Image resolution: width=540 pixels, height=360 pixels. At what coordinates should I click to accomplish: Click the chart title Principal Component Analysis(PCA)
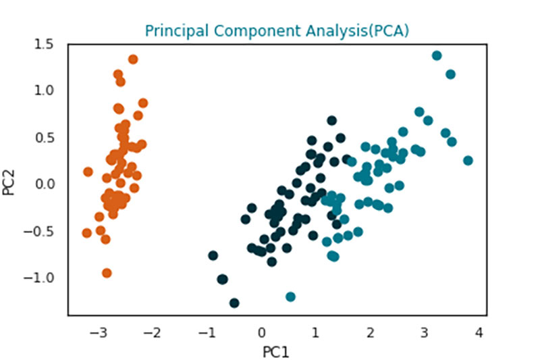click(277, 30)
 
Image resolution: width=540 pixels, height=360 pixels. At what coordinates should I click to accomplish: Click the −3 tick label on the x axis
click(98, 333)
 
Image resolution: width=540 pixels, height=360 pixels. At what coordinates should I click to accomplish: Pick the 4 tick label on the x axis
click(479, 333)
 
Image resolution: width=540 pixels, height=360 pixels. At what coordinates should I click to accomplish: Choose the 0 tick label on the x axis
click(262, 333)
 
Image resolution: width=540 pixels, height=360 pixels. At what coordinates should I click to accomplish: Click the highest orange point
click(133, 59)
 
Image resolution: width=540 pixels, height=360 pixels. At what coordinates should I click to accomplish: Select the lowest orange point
click(107, 273)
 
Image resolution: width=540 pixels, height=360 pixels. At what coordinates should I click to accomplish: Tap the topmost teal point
click(437, 55)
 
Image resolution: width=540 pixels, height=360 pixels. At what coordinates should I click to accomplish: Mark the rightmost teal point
click(468, 160)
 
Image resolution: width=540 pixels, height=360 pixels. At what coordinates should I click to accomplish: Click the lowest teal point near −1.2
click(290, 297)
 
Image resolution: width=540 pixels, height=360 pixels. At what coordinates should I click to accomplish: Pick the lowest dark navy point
click(234, 303)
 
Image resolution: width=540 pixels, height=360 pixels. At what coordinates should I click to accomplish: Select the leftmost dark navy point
click(213, 255)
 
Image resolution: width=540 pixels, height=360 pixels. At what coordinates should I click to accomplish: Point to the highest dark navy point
click(332, 121)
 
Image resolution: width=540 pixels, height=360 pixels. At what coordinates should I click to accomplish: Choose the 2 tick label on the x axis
click(370, 333)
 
